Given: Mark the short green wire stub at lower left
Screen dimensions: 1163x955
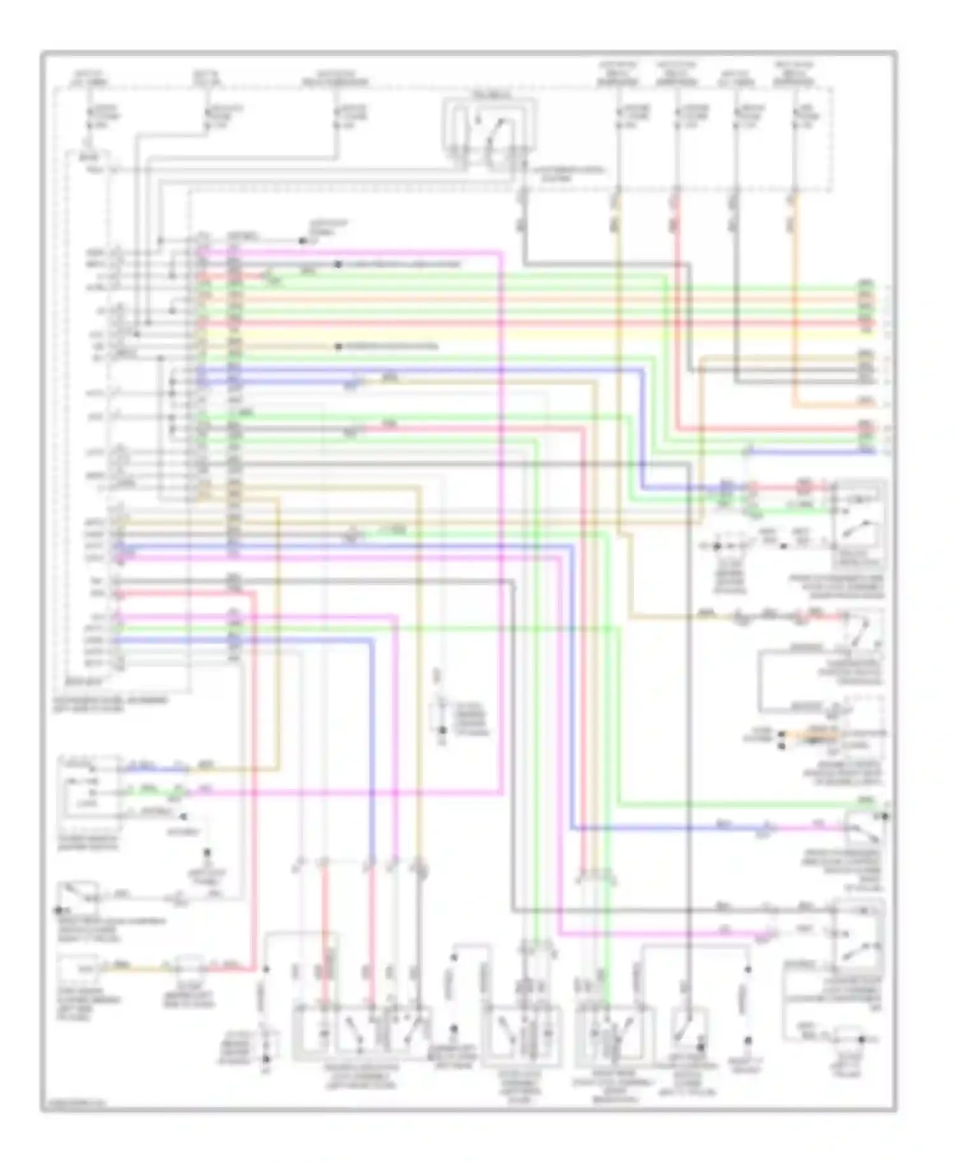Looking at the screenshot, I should (153, 793).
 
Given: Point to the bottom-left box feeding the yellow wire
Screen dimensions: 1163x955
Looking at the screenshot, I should (80, 970).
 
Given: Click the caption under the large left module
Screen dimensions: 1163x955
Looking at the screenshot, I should (111, 702).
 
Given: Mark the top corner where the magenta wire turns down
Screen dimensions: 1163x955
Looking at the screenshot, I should (502, 253).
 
